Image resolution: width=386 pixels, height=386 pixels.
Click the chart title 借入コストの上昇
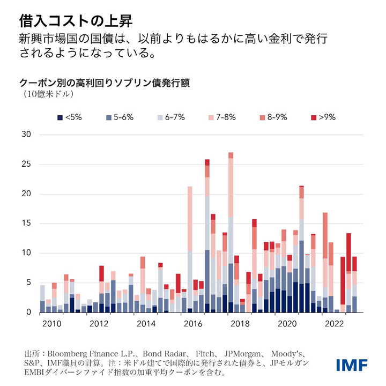76,21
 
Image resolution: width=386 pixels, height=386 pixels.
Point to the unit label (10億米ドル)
48,94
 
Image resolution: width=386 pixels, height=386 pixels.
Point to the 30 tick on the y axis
25,135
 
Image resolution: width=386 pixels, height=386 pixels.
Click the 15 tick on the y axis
25,224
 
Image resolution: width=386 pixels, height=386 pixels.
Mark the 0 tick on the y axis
27,312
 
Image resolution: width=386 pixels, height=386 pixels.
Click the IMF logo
352,366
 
